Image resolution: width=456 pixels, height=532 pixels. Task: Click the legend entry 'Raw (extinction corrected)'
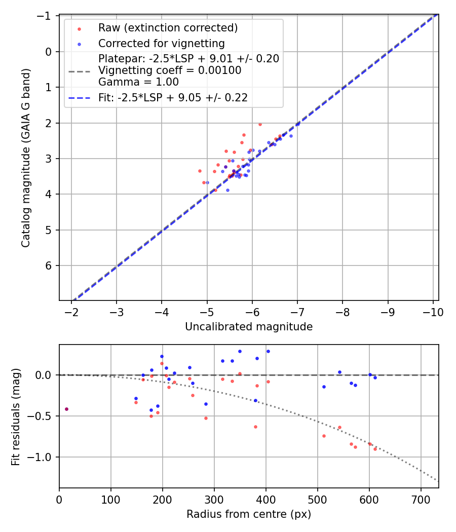(x=168, y=27)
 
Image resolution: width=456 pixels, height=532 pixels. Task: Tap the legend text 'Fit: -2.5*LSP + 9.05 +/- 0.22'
(x=173, y=98)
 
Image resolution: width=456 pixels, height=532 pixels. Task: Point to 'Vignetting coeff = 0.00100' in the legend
(x=170, y=70)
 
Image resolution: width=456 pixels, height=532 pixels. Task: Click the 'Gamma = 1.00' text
(x=138, y=82)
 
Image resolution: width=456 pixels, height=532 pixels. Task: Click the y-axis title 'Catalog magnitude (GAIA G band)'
(x=26, y=158)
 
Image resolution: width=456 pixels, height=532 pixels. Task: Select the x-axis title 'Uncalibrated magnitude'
(x=249, y=327)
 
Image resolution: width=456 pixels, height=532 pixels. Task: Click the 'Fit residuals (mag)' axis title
(x=16, y=416)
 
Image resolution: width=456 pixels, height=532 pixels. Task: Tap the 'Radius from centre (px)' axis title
(x=249, y=514)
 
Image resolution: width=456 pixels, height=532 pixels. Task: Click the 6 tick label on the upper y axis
(x=49, y=265)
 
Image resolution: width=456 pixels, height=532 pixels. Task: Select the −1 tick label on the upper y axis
(x=46, y=16)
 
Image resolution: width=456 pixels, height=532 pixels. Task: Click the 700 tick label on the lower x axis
(x=421, y=500)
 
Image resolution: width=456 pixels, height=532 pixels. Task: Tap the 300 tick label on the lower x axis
(x=214, y=500)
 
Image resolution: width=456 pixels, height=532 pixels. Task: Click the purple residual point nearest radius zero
(x=66, y=409)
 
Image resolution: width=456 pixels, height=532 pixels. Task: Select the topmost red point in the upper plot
(x=260, y=124)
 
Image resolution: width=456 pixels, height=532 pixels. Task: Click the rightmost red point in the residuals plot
(x=375, y=449)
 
